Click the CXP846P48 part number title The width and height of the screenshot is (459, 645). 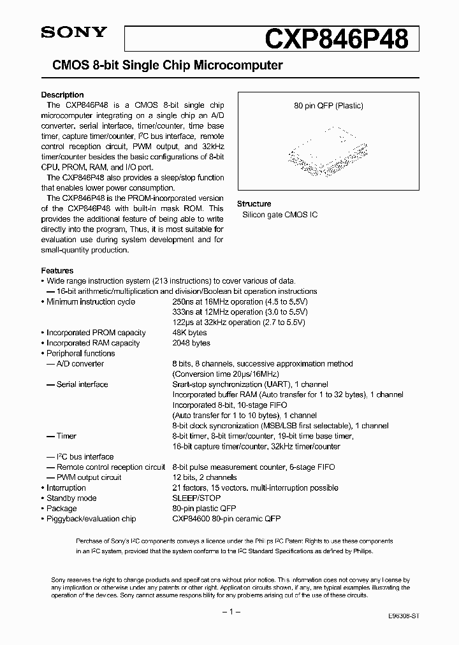[x=337, y=38]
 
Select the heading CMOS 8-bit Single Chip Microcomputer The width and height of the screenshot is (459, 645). [x=161, y=65]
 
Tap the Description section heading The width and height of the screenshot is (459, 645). [x=62, y=95]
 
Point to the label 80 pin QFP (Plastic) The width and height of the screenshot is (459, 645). [x=328, y=106]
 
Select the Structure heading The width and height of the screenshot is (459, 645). [x=254, y=204]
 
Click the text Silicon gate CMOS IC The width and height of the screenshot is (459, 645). [x=279, y=215]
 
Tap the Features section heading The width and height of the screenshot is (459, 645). [x=57, y=270]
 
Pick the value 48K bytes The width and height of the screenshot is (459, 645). [x=189, y=333]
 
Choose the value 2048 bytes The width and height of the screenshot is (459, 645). [x=191, y=343]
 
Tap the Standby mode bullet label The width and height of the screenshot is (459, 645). [x=71, y=498]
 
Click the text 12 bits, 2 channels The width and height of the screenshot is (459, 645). [x=205, y=477]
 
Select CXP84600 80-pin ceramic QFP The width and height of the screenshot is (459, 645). [x=226, y=519]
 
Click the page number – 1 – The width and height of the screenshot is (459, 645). [x=229, y=612]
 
